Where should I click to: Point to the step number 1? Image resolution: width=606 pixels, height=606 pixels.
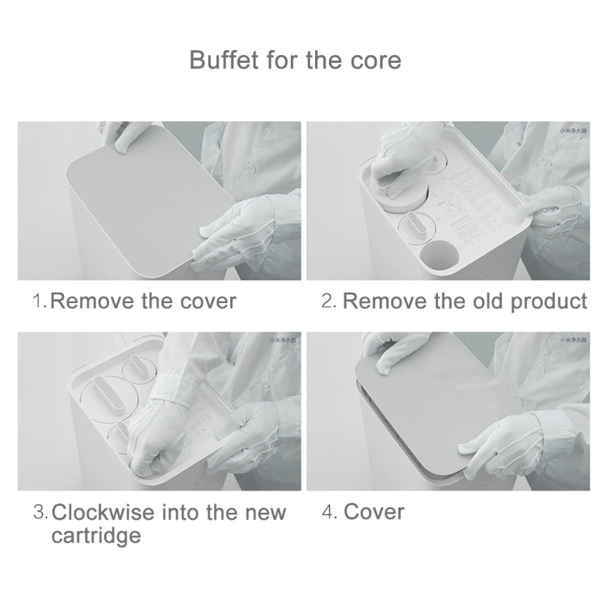[38, 301]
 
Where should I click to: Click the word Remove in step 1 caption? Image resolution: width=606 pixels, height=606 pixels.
[91, 301]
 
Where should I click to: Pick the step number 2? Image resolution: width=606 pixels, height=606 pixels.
[327, 301]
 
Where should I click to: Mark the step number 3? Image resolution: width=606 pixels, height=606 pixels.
[39, 512]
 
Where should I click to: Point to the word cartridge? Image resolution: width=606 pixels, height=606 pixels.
[96, 536]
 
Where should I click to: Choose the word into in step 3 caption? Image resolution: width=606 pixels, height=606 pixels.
[183, 512]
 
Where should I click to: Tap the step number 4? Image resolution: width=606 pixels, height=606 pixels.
[328, 512]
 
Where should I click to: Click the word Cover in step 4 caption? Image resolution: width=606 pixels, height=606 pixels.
[374, 512]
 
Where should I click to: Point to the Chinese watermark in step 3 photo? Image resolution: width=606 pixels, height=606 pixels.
[283, 339]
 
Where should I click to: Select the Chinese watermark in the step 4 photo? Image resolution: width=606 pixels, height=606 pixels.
[572, 339]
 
